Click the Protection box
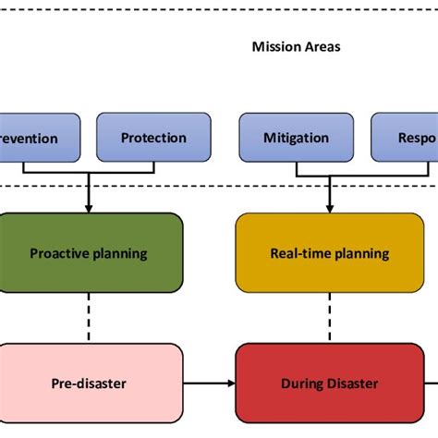[153, 138]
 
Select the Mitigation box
[296, 138]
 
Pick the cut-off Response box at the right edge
[405, 138]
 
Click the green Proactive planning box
[89, 253]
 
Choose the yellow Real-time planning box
[329, 253]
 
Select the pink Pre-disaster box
[89, 383]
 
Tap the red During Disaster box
[329, 383]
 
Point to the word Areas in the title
[321, 46]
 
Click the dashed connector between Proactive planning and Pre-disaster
[89, 318]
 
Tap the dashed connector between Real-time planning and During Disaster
[329, 318]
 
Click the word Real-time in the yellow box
[301, 253]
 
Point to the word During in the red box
[301, 383]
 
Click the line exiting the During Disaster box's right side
[431, 383]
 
